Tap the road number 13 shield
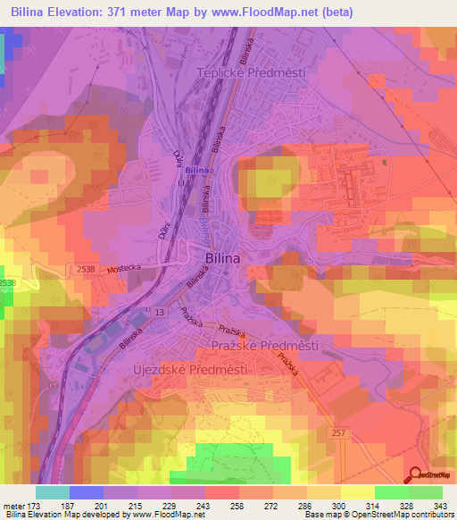pyautogui.click(x=160, y=311)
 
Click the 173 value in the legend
pyautogui.click(x=36, y=507)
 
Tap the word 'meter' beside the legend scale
pyautogui.click(x=13, y=507)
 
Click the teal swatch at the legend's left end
pyautogui.click(x=52, y=492)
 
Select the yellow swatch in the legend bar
pyautogui.click(x=358, y=492)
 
